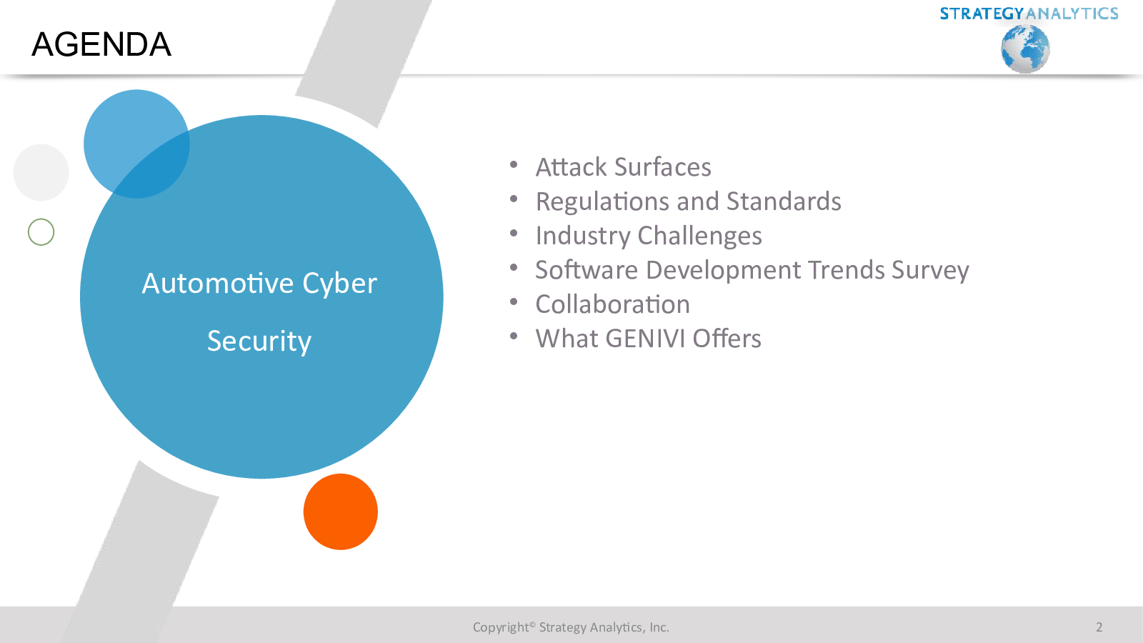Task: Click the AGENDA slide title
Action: pyautogui.click(x=101, y=44)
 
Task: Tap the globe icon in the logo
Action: pyautogui.click(x=1025, y=49)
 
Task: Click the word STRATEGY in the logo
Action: pyautogui.click(x=982, y=14)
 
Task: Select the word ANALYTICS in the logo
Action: pyautogui.click(x=1072, y=14)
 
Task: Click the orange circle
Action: pyautogui.click(x=340, y=512)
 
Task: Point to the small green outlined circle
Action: pyautogui.click(x=41, y=232)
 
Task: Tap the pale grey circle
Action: pyautogui.click(x=41, y=172)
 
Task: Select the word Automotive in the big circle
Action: pyautogui.click(x=217, y=283)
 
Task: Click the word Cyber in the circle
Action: pyautogui.click(x=340, y=284)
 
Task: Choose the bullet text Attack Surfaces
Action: pyautogui.click(x=623, y=167)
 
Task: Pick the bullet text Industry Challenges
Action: pyautogui.click(x=649, y=236)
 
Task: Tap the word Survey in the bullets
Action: pyautogui.click(x=929, y=271)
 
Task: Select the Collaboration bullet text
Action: pyautogui.click(x=612, y=304)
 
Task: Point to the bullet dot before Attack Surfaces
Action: pyautogui.click(x=514, y=164)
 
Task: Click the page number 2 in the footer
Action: pyautogui.click(x=1099, y=627)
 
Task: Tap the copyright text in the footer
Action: pyautogui.click(x=571, y=627)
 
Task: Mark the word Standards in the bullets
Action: pyautogui.click(x=784, y=201)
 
